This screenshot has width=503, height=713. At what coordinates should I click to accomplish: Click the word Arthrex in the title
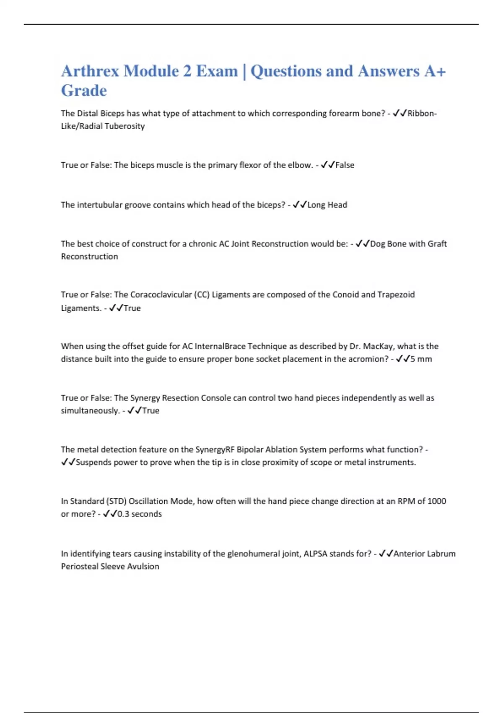(90, 71)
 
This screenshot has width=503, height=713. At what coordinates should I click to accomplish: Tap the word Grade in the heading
(84, 91)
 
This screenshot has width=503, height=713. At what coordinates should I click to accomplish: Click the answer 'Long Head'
(327, 205)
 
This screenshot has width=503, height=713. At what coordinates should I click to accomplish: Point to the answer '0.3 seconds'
(139, 514)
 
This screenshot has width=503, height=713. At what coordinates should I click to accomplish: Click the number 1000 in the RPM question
(436, 501)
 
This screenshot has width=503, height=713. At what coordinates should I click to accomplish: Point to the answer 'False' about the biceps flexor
(345, 165)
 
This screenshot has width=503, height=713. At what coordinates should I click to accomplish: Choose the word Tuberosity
(124, 126)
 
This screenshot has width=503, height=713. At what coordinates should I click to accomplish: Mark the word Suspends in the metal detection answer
(93, 462)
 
